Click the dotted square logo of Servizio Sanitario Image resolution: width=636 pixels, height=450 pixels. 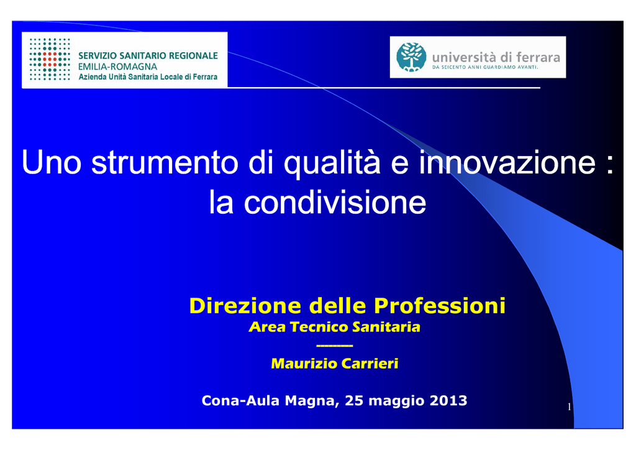point(50,59)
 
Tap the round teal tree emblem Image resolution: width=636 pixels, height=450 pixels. point(411,57)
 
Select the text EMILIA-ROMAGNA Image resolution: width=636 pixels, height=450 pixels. point(117,67)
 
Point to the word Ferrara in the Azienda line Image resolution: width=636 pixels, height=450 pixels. point(205,76)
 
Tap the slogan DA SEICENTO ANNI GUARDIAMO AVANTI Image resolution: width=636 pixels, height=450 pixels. point(485,67)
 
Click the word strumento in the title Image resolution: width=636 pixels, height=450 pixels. point(165,162)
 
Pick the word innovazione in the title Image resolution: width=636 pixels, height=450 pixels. point(507,162)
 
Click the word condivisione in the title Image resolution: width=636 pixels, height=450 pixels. point(335,203)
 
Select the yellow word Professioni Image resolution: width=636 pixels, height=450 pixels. point(440,306)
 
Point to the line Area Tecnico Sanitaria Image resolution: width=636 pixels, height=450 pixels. point(334,327)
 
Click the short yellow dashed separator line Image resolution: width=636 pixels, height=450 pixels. point(335,346)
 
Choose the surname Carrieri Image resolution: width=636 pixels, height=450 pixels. point(370,364)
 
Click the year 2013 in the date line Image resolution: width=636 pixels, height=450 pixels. point(448,400)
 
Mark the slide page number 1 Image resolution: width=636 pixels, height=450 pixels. point(570,406)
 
